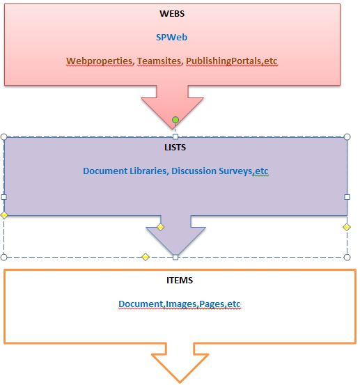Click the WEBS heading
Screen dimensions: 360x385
click(172, 13)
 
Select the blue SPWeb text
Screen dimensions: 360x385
click(172, 38)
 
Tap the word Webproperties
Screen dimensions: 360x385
click(100, 61)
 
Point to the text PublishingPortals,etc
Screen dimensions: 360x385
click(232, 61)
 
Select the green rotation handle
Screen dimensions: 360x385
click(175, 120)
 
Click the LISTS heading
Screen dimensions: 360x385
click(175, 148)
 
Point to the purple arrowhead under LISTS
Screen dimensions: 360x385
click(175, 239)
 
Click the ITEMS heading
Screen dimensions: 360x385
click(180, 280)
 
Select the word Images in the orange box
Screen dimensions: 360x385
click(181, 304)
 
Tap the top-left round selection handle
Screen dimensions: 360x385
click(4, 136)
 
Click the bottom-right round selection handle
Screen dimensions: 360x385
click(347, 257)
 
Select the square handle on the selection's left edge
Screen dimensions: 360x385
click(4, 197)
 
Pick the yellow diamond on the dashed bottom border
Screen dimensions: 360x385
click(146, 257)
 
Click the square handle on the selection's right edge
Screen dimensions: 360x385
click(347, 197)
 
